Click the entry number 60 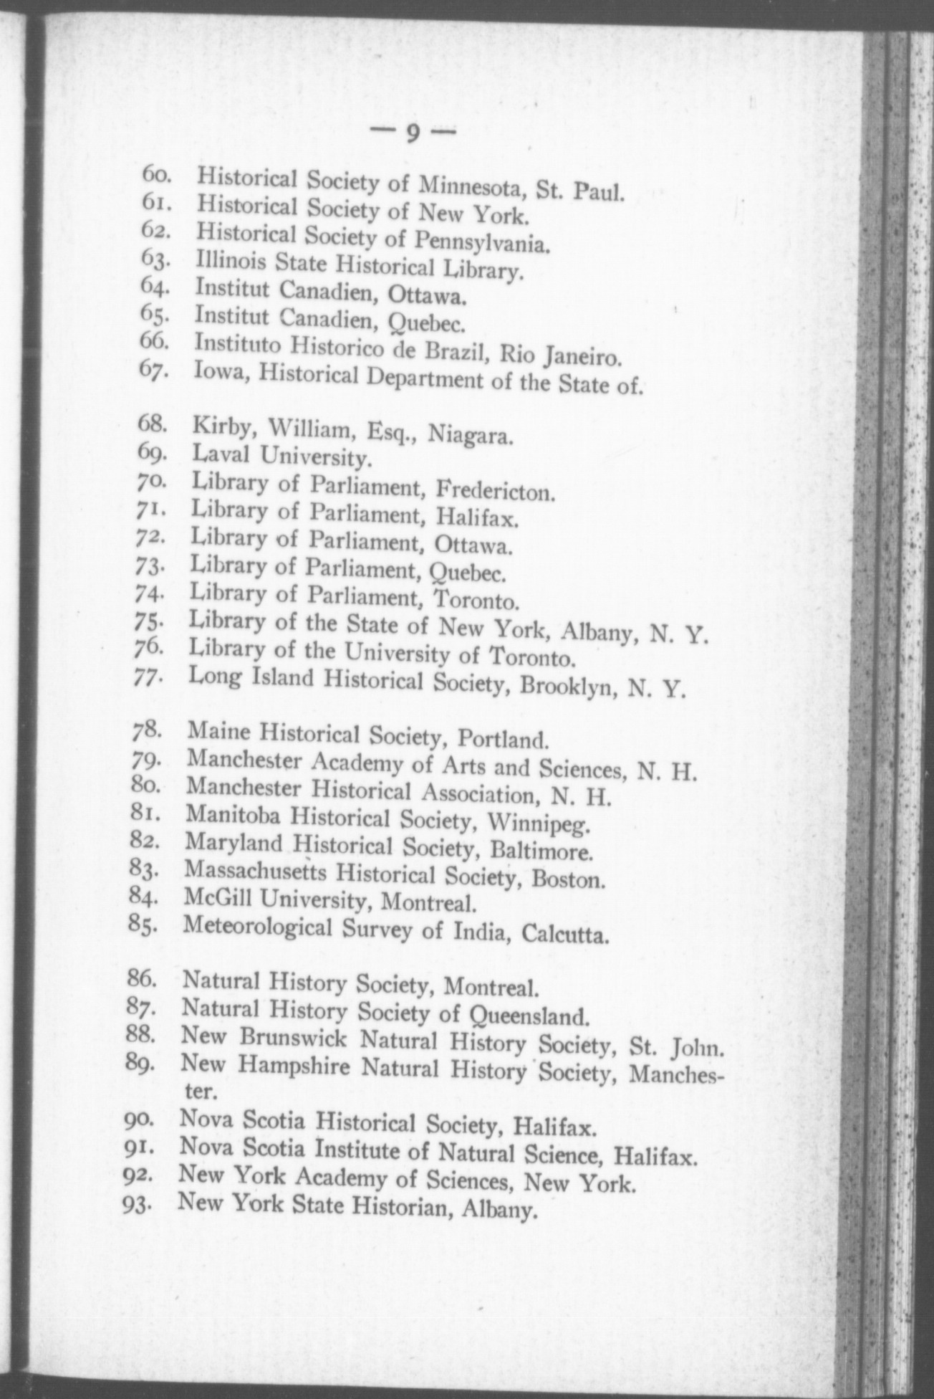(154, 174)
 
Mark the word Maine (218, 731)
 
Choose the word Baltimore (542, 852)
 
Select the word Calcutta (566, 934)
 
